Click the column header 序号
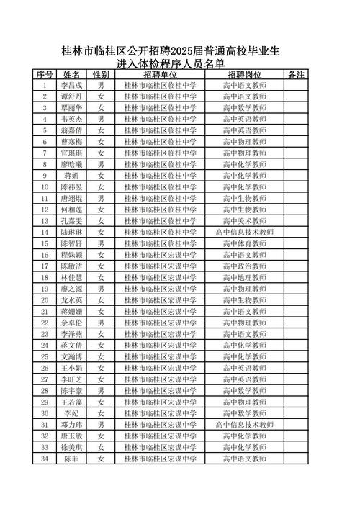click(x=45, y=74)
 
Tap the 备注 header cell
click(x=297, y=74)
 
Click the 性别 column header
click(x=101, y=74)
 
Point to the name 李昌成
click(x=71, y=86)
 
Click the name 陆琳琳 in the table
click(x=71, y=233)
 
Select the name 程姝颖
click(x=71, y=255)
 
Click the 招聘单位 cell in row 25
click(x=160, y=356)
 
